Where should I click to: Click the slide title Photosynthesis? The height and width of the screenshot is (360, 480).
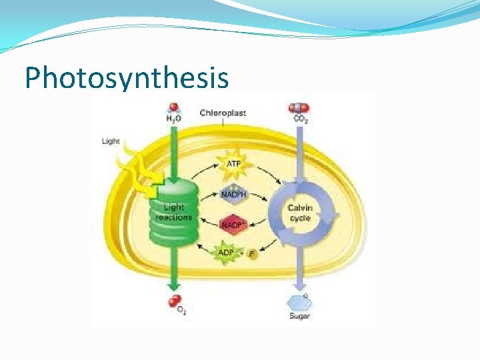[127, 77]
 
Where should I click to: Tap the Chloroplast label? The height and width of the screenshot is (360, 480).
[223, 113]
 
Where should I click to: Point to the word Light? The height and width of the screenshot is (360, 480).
[111, 141]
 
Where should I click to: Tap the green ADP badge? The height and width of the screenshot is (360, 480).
[226, 253]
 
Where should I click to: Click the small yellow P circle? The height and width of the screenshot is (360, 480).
[252, 253]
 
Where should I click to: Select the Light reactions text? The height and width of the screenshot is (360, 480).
[173, 213]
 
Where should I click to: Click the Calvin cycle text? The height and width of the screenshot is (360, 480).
[300, 213]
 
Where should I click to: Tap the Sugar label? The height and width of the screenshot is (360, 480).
[299, 316]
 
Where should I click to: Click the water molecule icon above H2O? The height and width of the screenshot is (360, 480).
[174, 107]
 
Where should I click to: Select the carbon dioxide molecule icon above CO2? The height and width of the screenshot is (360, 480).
[299, 107]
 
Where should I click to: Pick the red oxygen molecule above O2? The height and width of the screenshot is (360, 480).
[175, 301]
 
